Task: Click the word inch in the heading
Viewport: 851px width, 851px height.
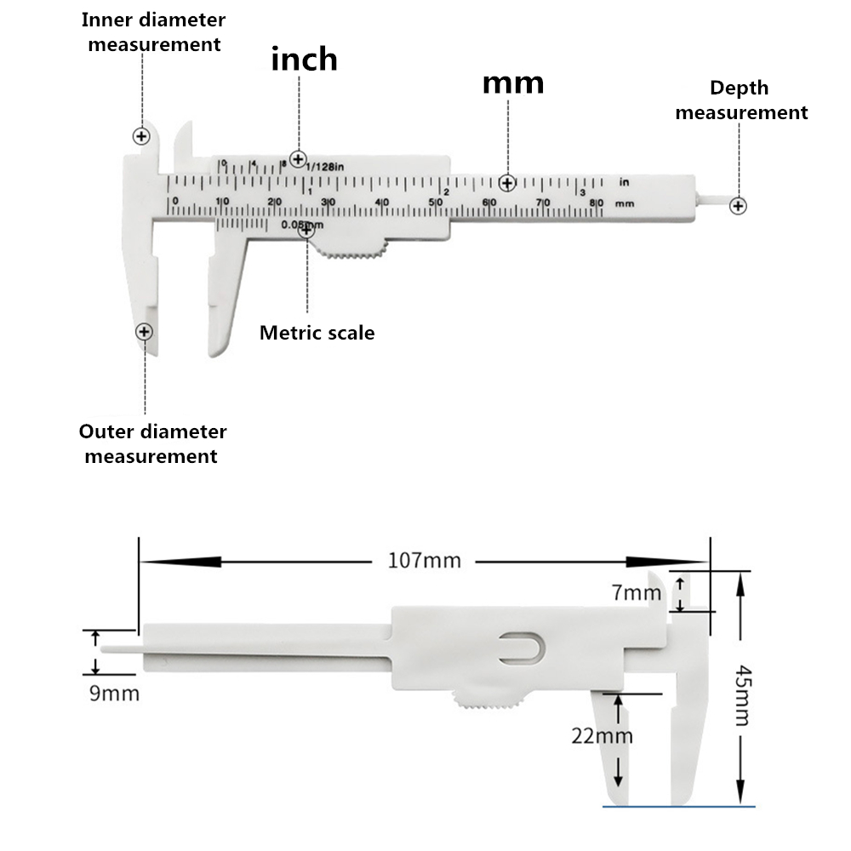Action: (304, 59)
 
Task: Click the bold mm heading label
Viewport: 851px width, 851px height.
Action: (512, 83)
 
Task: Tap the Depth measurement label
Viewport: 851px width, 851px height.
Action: (740, 100)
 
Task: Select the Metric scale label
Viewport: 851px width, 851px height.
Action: (317, 333)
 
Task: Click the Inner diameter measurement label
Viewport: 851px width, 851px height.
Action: (154, 31)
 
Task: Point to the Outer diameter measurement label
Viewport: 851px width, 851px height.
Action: (152, 443)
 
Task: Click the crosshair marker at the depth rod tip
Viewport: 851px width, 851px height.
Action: (739, 205)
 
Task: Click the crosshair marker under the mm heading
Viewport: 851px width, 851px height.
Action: (508, 183)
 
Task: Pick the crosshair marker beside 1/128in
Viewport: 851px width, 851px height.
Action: (298, 158)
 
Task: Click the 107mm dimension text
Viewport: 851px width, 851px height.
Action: (424, 560)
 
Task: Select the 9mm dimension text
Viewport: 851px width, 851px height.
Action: (114, 694)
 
